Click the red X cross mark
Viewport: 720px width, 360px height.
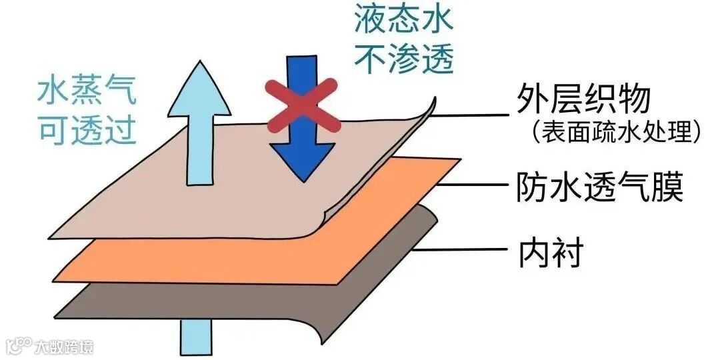[x=302, y=106]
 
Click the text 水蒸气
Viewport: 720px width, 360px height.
[x=87, y=91]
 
